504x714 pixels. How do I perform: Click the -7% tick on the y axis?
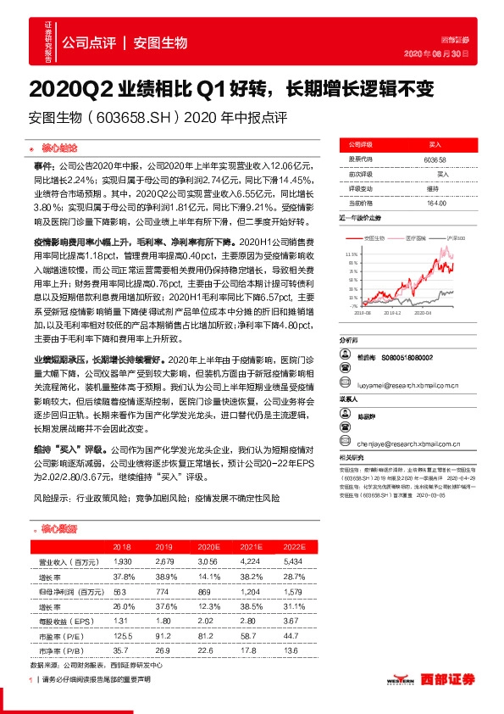tap(354, 306)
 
